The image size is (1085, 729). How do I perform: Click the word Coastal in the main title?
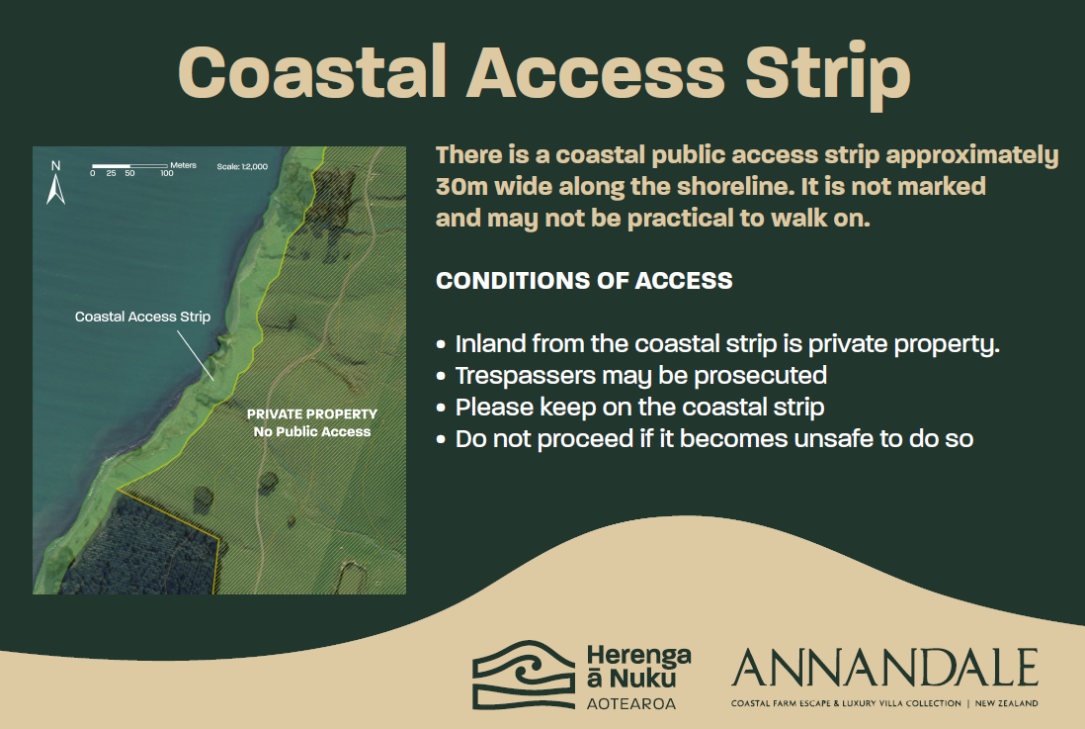[312, 72]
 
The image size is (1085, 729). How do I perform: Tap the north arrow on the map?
[56, 183]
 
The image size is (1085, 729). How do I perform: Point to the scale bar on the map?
[130, 166]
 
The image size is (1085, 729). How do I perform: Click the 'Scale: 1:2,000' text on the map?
[242, 166]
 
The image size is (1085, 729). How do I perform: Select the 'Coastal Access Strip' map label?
[142, 317]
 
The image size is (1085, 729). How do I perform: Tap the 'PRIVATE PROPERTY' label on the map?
[312, 414]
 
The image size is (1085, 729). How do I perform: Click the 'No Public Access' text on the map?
[312, 431]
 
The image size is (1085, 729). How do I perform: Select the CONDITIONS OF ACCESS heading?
[584, 281]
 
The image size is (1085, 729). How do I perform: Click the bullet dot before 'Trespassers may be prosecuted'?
[441, 376]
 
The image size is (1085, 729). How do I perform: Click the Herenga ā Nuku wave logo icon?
[524, 675]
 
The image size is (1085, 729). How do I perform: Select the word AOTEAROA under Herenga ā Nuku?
[631, 704]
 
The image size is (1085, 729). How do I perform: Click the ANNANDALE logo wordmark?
[885, 668]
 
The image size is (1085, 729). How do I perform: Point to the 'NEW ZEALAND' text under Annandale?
[1006, 703]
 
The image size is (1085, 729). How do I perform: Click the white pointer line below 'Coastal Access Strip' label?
[195, 355]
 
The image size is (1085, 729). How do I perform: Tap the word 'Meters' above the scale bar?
[184, 165]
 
